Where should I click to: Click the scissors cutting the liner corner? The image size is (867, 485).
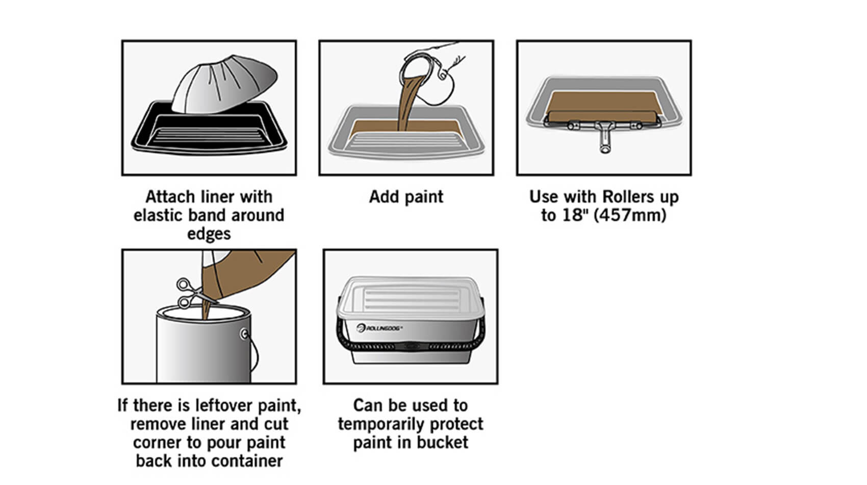tap(192, 293)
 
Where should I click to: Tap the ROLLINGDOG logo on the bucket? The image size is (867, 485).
tap(379, 328)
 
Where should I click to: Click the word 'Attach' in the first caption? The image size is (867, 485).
tap(170, 197)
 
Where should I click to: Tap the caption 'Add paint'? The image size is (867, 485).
tap(406, 197)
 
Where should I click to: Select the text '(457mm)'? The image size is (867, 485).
tap(630, 215)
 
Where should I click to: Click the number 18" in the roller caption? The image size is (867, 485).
tap(574, 215)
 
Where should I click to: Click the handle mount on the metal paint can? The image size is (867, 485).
tap(244, 333)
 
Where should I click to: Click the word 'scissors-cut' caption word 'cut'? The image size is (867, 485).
tap(276, 424)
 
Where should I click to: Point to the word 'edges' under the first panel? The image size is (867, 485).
tap(209, 234)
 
